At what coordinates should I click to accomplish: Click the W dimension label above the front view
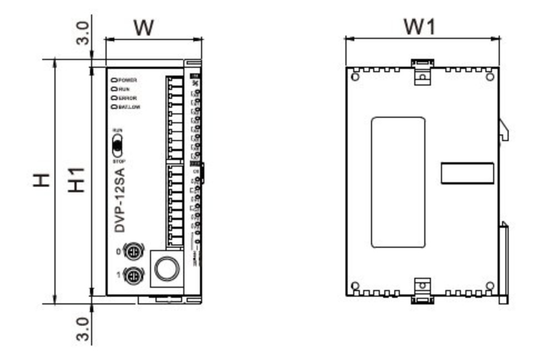(143, 27)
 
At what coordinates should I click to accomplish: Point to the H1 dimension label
(76, 179)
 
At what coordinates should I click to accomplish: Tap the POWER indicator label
(127, 80)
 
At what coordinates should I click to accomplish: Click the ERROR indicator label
(127, 98)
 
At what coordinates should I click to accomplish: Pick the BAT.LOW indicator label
(129, 106)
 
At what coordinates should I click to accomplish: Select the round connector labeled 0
(133, 252)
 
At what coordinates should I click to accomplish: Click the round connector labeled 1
(133, 275)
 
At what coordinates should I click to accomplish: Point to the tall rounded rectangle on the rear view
(398, 182)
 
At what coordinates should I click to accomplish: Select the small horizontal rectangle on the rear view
(467, 173)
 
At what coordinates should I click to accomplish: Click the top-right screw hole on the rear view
(490, 77)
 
